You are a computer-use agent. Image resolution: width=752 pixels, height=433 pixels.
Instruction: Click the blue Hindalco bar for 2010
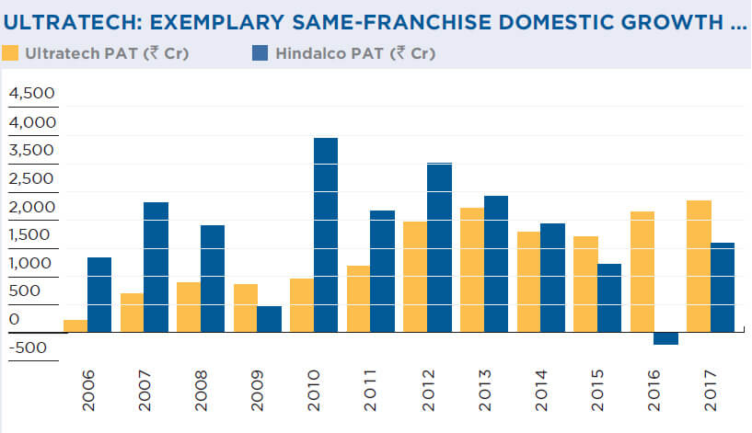(x=326, y=234)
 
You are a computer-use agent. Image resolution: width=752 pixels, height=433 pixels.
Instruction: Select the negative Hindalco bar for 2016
(x=665, y=338)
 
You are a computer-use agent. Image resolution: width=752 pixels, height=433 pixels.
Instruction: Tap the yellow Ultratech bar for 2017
(x=699, y=266)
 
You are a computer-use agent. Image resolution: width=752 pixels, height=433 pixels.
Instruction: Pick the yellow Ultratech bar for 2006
(x=75, y=325)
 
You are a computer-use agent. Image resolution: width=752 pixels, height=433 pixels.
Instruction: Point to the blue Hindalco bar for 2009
(x=270, y=319)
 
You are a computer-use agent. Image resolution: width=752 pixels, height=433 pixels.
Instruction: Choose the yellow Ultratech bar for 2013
(x=472, y=269)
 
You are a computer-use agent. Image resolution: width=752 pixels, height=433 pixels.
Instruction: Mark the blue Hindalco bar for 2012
(x=439, y=247)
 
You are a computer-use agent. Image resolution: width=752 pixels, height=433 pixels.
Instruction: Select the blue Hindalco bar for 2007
(x=156, y=267)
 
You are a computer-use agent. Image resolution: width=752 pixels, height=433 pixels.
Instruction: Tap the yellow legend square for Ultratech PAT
(x=11, y=53)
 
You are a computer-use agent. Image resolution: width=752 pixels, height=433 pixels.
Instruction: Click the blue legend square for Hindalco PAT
(x=260, y=53)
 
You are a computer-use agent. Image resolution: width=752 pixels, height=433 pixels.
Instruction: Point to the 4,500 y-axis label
(x=32, y=94)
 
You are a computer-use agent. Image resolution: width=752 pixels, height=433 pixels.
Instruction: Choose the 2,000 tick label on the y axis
(x=32, y=207)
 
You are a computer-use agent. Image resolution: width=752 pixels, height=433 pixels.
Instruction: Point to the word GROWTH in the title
(x=674, y=21)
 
